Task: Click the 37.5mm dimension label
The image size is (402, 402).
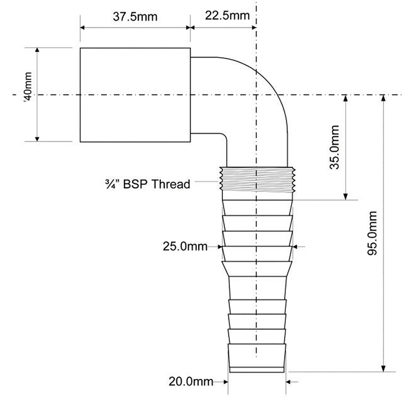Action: pos(135,17)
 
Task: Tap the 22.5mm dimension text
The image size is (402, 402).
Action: pos(227,16)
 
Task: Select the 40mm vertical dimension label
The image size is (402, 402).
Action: pos(28,87)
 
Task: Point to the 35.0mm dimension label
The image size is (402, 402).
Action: pos(334,147)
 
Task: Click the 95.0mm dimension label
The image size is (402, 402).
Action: pos(372,233)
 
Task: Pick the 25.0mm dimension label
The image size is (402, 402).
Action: pos(185,246)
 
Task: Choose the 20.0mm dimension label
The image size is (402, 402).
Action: pos(191,382)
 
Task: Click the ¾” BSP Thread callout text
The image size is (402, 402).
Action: pos(148,184)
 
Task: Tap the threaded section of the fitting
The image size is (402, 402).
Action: pos(257,179)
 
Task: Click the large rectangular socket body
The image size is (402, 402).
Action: pos(135,95)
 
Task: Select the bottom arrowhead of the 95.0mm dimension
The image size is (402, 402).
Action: pos(383,368)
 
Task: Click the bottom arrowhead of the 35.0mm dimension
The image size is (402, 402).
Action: pos(345,196)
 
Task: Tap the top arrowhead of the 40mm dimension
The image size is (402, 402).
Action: pos(37,51)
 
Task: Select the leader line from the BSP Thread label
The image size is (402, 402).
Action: pos(207,181)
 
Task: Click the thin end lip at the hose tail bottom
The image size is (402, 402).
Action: pos(257,370)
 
